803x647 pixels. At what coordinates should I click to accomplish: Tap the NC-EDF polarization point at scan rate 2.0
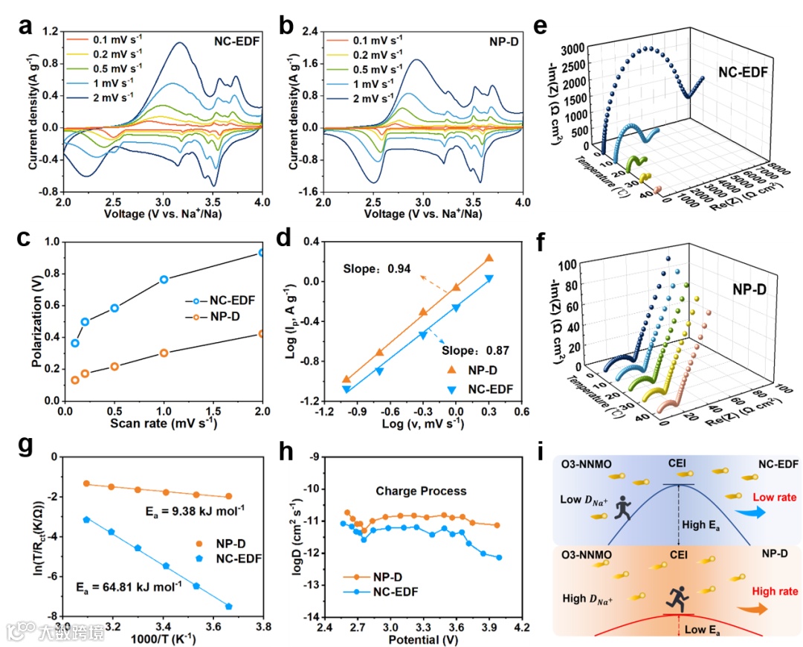(262, 253)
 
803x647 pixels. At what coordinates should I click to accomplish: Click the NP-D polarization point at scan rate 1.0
(164, 353)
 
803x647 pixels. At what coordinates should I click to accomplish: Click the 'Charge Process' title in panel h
(432, 491)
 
